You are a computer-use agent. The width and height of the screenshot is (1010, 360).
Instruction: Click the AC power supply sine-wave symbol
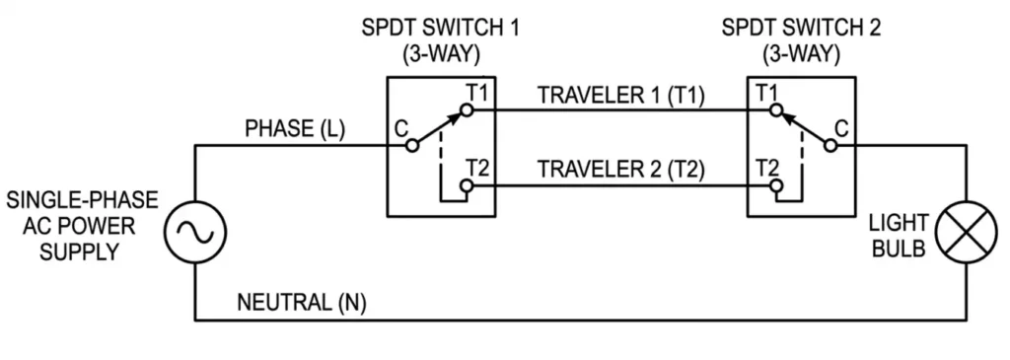point(195,233)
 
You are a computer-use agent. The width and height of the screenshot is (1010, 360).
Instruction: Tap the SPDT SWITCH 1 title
point(442,28)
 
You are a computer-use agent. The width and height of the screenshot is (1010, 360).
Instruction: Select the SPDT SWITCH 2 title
point(802,28)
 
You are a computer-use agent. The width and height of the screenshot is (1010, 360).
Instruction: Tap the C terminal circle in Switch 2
point(831,147)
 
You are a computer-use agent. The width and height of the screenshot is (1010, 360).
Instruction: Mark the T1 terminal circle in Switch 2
point(778,111)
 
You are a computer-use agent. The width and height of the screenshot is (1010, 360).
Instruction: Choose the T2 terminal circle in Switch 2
point(778,184)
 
